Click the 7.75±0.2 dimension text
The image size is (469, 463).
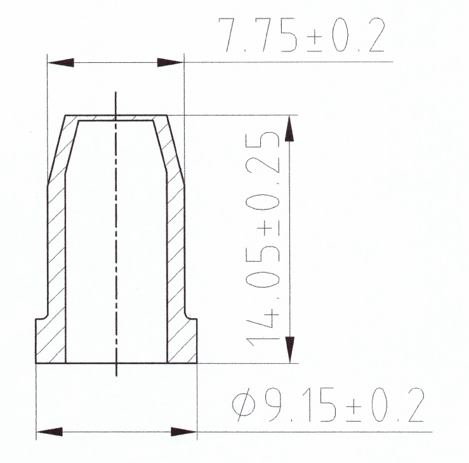click(301, 36)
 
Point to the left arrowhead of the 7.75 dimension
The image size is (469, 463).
click(62, 62)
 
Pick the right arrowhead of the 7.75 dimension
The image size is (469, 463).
click(170, 62)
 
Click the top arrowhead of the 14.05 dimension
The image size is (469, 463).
click(289, 128)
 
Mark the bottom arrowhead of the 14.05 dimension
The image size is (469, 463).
click(289, 349)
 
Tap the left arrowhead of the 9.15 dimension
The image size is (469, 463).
click(51, 433)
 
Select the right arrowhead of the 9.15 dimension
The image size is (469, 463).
click(183, 433)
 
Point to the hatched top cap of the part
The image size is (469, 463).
click(116, 117)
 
